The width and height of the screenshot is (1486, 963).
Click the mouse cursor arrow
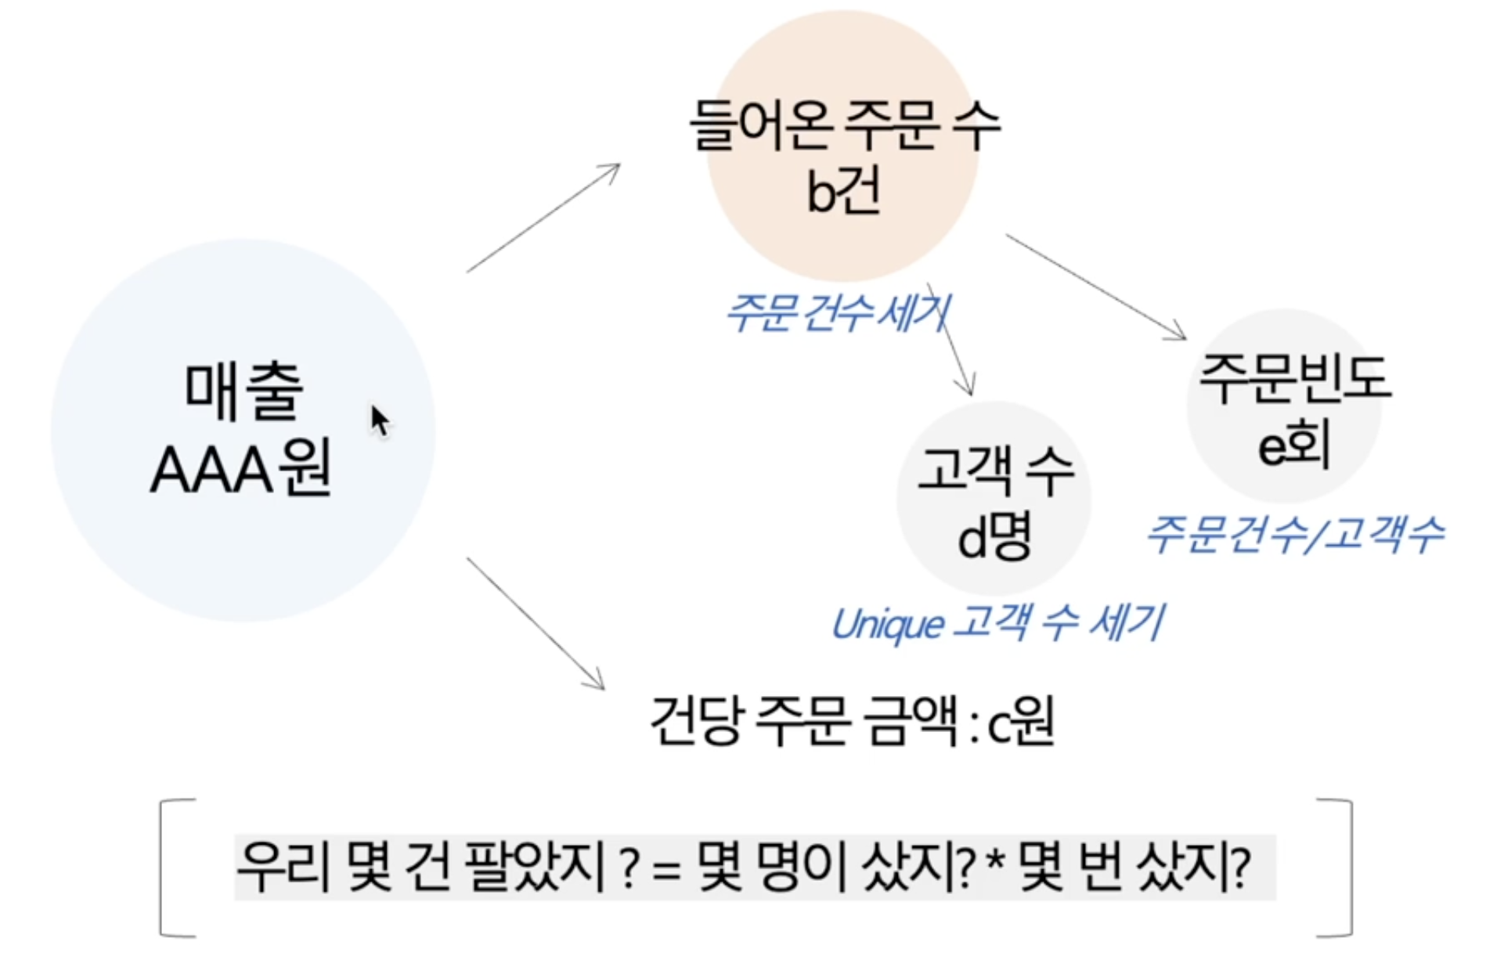tap(380, 421)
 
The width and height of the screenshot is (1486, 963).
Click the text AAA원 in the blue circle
tap(241, 470)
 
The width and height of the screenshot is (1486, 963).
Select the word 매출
tap(243, 391)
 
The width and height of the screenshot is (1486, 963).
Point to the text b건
tap(844, 192)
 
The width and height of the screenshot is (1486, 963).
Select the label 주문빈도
tap(1294, 379)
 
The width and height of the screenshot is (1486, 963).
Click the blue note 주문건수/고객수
tap(1293, 536)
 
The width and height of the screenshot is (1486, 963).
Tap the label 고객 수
tap(995, 471)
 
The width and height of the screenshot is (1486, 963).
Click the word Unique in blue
tap(886, 625)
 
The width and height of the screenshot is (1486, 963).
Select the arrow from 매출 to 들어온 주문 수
tap(543, 218)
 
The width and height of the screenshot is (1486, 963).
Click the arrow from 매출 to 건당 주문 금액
tap(536, 623)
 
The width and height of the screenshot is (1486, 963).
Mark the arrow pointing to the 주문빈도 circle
tap(1096, 287)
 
